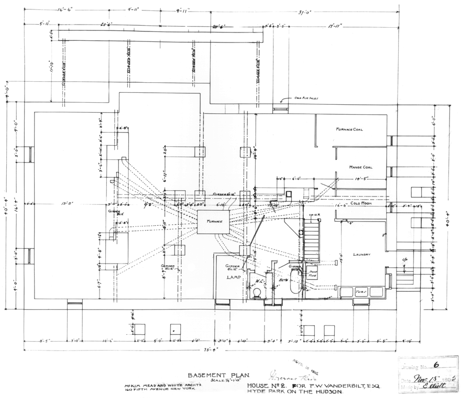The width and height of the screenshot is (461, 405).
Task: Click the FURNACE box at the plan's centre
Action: click(x=213, y=222)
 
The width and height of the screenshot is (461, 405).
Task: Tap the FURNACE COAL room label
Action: click(x=349, y=129)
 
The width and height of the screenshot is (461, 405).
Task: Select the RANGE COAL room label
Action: click(x=360, y=167)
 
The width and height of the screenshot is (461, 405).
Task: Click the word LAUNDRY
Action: click(x=361, y=255)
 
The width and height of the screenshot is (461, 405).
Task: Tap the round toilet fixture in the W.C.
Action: click(x=257, y=292)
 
